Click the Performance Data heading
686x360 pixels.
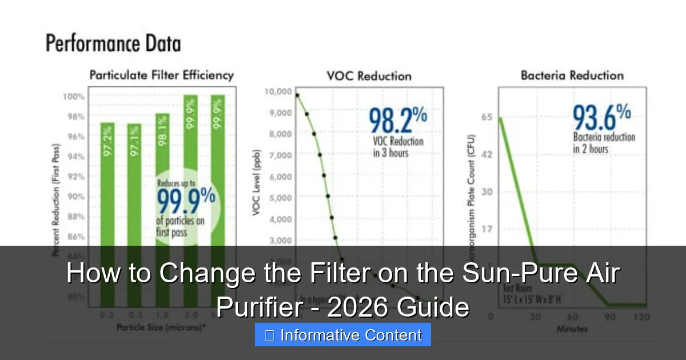pyautogui.click(x=113, y=44)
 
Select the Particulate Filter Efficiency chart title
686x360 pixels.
pyautogui.click(x=161, y=75)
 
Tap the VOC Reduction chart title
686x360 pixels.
pyautogui.click(x=369, y=75)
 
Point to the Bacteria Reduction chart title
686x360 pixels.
pyautogui.click(x=572, y=75)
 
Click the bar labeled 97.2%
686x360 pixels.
pyautogui.click(x=107, y=183)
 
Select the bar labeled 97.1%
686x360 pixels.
pyautogui.click(x=135, y=183)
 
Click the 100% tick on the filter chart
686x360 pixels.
pyautogui.click(x=74, y=96)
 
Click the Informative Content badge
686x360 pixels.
pyautogui.click(x=343, y=335)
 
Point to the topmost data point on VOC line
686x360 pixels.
pyautogui.click(x=297, y=95)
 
